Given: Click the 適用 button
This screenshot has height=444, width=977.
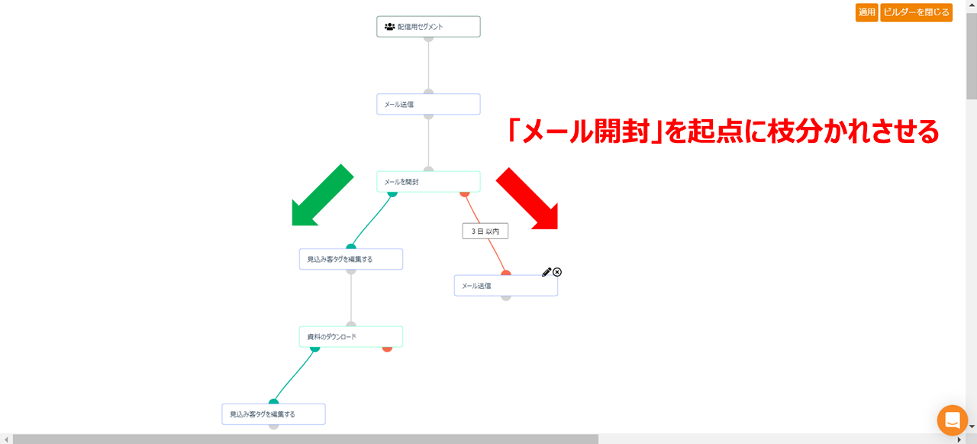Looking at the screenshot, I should (x=866, y=12).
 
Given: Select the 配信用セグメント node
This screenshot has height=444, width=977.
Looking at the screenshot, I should (x=428, y=27).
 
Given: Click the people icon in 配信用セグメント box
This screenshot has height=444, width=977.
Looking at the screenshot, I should (x=389, y=27).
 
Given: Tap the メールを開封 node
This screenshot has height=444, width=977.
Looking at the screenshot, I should (x=428, y=182).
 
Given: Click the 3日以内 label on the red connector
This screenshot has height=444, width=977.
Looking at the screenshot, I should (x=485, y=231).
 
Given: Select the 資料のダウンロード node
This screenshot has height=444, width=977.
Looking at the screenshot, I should (x=350, y=336).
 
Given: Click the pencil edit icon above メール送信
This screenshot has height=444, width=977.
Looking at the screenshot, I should (x=547, y=272).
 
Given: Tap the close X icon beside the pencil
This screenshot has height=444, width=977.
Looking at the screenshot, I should (x=557, y=272).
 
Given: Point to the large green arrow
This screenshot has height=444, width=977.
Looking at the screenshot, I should (x=322, y=196).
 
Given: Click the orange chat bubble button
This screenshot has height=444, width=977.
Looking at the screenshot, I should (x=952, y=420).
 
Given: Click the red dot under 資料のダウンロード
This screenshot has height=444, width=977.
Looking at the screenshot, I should (x=387, y=348).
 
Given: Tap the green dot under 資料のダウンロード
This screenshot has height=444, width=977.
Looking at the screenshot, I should (x=314, y=348).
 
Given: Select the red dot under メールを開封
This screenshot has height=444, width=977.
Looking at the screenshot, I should (x=465, y=193).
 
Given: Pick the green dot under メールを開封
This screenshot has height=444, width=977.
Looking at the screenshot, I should (x=392, y=193).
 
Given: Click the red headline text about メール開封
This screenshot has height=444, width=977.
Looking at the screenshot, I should (x=723, y=131).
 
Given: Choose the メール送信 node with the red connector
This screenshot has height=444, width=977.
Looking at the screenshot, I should (x=505, y=286).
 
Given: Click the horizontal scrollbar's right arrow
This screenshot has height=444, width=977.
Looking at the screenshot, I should (x=959, y=439).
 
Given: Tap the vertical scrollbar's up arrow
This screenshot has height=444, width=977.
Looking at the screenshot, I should (x=971, y=5).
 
